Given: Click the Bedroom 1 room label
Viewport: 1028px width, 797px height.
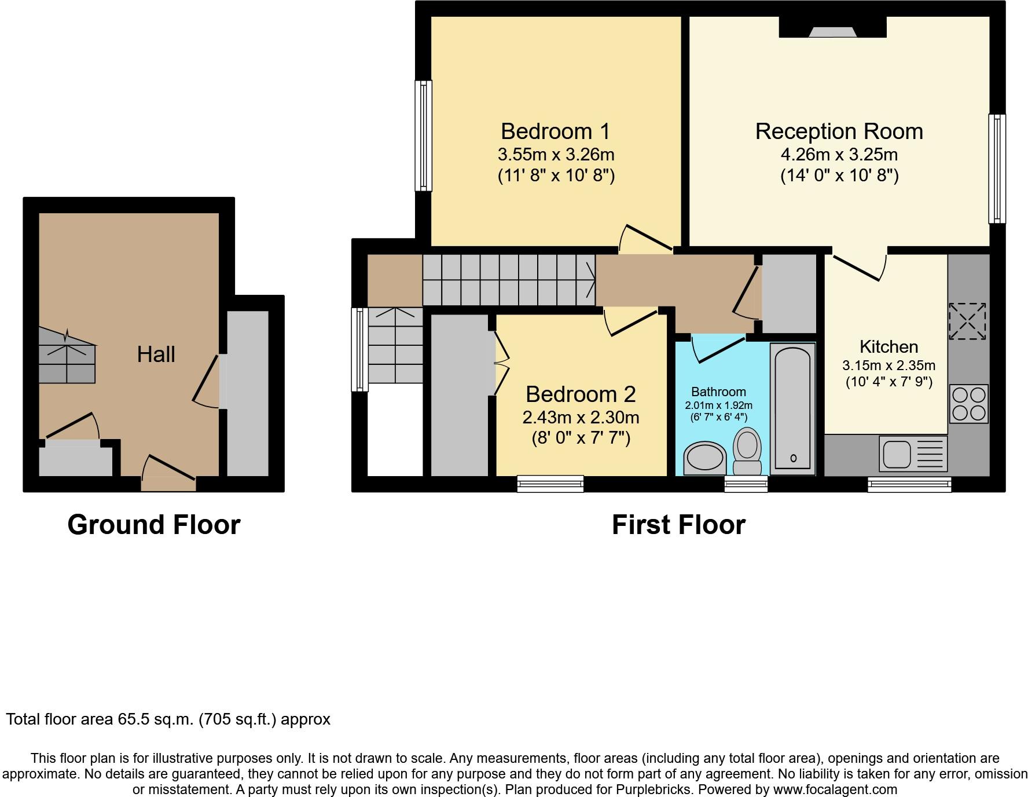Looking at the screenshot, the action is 555,131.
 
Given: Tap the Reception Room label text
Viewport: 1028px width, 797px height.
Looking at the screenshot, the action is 839,131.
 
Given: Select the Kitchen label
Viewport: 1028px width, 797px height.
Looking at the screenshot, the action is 889,347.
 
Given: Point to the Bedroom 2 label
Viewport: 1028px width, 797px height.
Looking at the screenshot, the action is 581,394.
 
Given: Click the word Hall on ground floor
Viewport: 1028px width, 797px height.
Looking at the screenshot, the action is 156,354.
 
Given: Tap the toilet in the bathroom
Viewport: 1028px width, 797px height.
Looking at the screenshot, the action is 747,451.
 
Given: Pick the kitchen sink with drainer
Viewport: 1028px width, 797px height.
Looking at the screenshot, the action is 913,453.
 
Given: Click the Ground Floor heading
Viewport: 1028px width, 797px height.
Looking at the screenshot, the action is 154,525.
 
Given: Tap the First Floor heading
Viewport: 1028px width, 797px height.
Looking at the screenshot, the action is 678,525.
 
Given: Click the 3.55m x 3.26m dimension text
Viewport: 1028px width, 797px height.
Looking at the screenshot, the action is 556,155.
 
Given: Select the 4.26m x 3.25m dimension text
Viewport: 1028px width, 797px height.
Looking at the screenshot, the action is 839,155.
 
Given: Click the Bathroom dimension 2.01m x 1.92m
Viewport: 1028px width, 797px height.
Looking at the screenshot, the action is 718,405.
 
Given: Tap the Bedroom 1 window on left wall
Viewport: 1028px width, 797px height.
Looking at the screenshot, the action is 424,136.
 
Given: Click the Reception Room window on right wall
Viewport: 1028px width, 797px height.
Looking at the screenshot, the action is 997,169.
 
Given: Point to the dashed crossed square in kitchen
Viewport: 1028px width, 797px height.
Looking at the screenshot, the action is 967,321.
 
